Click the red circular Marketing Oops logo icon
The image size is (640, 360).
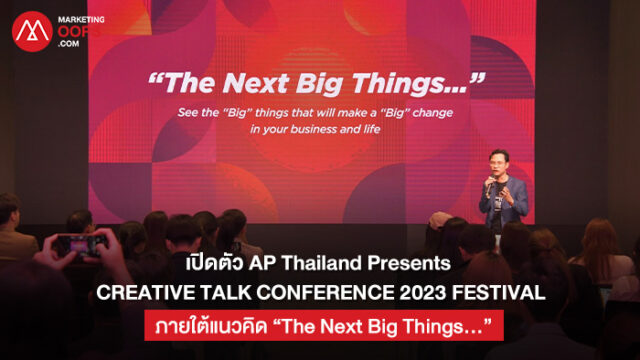(x=32, y=31)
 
